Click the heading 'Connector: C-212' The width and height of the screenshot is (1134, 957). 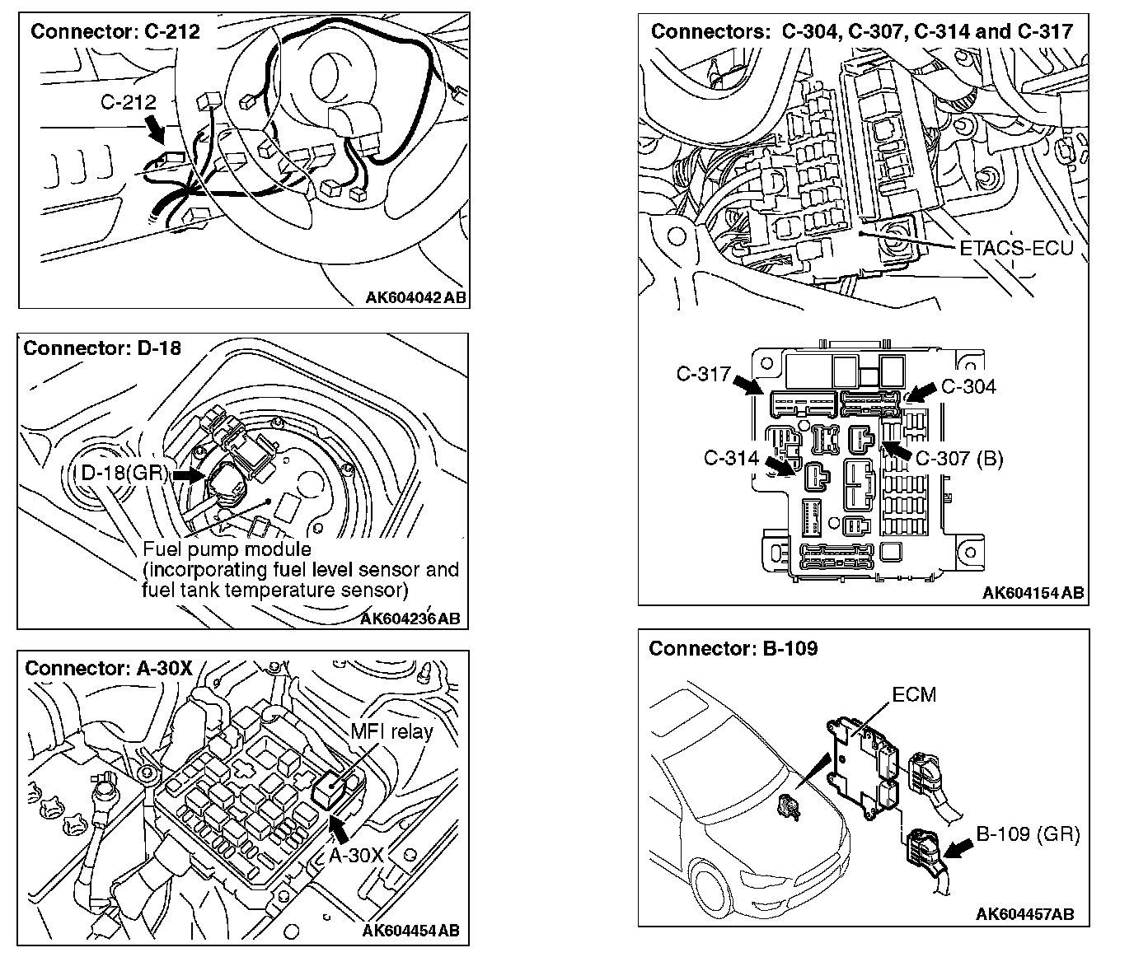coord(115,32)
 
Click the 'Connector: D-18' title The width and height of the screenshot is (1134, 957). coord(102,348)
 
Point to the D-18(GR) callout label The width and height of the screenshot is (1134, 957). coord(124,474)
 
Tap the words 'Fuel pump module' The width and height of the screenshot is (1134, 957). coord(227,549)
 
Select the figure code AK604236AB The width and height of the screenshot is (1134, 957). coord(410,619)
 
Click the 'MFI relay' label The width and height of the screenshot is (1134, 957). coord(391,731)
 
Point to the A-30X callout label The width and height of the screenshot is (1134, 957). coord(357,855)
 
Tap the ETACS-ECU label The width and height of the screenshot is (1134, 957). coord(1017,247)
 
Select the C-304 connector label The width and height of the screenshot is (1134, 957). coord(968,386)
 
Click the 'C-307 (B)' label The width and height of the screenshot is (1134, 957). coord(959,459)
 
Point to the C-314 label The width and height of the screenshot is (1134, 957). coord(731,459)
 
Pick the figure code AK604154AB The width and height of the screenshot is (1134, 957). coord(1033,593)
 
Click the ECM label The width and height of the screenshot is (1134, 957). coord(915,694)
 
